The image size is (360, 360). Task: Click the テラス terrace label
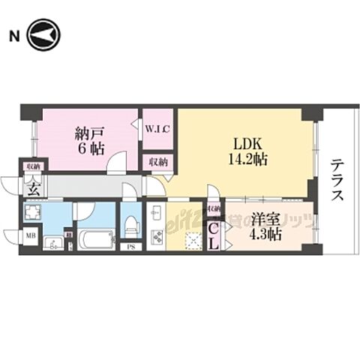[x=338, y=180]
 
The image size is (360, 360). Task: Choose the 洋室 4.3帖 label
[x=266, y=226]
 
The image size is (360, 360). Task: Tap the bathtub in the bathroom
[x=94, y=239]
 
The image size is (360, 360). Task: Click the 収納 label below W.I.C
[x=157, y=161]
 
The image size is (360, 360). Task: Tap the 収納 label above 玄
[x=34, y=166]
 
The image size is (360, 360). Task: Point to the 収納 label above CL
[x=214, y=209]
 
